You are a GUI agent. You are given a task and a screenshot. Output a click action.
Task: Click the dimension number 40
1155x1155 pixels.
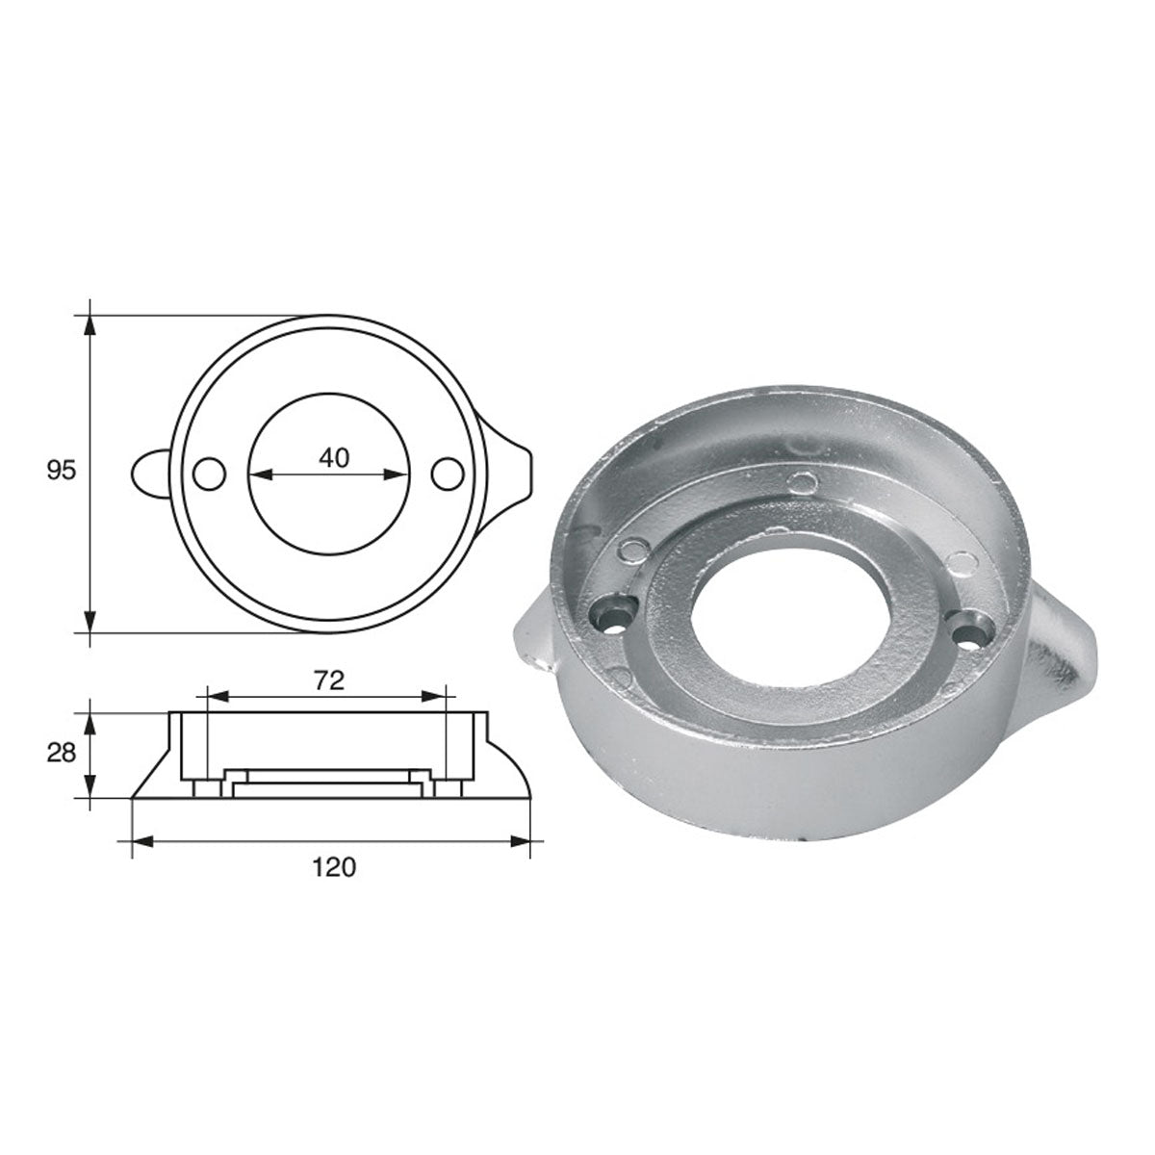pyautogui.click(x=332, y=458)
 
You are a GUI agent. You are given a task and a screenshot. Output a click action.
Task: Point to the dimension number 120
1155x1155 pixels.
pyautogui.click(x=333, y=866)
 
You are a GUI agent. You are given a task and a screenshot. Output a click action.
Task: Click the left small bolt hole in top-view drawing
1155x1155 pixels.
pyautogui.click(x=208, y=474)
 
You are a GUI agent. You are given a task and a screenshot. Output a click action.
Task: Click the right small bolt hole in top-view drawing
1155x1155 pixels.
pyautogui.click(x=447, y=474)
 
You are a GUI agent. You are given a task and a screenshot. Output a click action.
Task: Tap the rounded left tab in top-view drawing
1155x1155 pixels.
pyautogui.click(x=149, y=473)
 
